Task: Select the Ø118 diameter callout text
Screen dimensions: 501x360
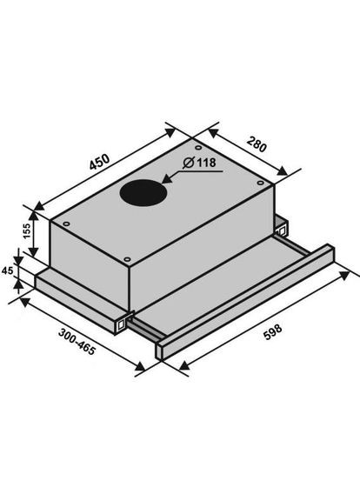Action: pos(200,163)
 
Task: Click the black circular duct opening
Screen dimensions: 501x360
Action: pos(142,192)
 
